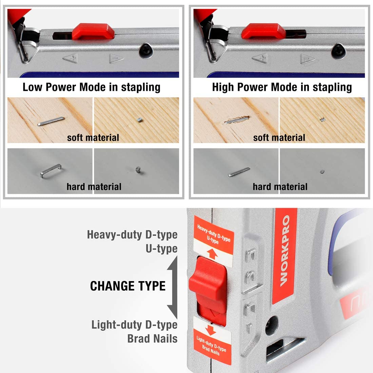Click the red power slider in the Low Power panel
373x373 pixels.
(93, 31)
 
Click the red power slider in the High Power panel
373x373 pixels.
(263, 31)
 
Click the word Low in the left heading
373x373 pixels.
(32, 87)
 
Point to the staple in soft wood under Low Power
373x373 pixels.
(51, 121)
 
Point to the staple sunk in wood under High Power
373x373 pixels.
(237, 120)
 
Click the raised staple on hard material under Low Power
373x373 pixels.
(51, 170)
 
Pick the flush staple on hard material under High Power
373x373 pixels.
(239, 172)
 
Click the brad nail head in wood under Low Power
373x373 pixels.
(140, 120)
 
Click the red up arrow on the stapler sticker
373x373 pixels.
(212, 254)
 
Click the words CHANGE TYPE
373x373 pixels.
(128, 286)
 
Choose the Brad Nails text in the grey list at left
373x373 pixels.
(152, 338)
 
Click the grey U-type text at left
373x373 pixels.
(161, 249)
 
